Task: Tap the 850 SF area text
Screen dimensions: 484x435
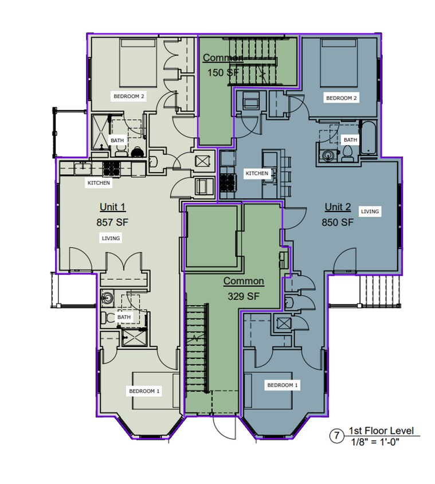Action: pyautogui.click(x=338, y=222)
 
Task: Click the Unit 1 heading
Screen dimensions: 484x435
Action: pyautogui.click(x=112, y=207)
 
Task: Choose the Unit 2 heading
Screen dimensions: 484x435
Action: pyautogui.click(x=338, y=207)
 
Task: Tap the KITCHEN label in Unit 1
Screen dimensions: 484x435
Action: pyautogui.click(x=99, y=183)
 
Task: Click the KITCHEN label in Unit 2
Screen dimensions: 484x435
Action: pyautogui.click(x=257, y=173)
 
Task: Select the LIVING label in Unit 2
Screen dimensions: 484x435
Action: pyautogui.click(x=370, y=212)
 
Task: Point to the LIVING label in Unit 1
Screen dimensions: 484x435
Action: pyautogui.click(x=111, y=238)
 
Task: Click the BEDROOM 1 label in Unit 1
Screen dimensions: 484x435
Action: pyautogui.click(x=144, y=391)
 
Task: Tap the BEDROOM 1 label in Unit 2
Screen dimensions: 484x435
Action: pyautogui.click(x=283, y=385)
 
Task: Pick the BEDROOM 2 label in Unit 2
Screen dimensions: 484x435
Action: pyautogui.click(x=342, y=98)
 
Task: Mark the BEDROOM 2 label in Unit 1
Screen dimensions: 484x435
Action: pyautogui.click(x=128, y=96)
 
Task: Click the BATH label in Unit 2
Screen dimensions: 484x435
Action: pyautogui.click(x=350, y=140)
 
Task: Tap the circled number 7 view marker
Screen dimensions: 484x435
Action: pyautogui.click(x=335, y=436)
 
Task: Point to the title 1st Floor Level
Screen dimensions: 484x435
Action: pyautogui.click(x=381, y=431)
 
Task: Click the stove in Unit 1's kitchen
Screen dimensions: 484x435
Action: pyautogui.click(x=111, y=168)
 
